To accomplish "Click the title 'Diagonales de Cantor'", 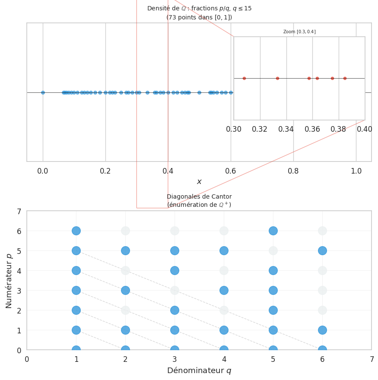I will pyautogui.click(x=199, y=196).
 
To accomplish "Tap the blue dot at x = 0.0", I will pyautogui.click(x=43, y=92).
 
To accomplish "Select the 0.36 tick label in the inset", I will pyautogui.click(x=312, y=129).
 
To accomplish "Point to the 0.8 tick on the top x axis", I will pyautogui.click(x=293, y=171).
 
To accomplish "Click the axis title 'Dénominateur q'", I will pyautogui.click(x=199, y=370).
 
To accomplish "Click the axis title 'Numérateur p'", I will pyautogui.click(x=9, y=281).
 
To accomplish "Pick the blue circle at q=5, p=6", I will pyautogui.click(x=273, y=231).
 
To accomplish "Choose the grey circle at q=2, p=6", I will pyautogui.click(x=125, y=231).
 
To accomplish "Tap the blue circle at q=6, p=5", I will pyautogui.click(x=322, y=250).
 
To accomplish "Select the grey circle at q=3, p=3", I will pyautogui.click(x=175, y=290).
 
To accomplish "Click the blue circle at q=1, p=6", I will pyautogui.click(x=76, y=231).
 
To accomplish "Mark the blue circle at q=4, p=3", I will pyautogui.click(x=224, y=290).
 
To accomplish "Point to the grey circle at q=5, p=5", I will pyautogui.click(x=273, y=250).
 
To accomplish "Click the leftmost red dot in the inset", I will pyautogui.click(x=244, y=78).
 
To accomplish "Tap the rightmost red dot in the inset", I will pyautogui.click(x=345, y=78).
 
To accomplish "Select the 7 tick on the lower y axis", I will pyautogui.click(x=19, y=211).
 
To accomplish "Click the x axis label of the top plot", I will pyautogui.click(x=199, y=182).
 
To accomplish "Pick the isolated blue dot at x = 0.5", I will pyautogui.click(x=199, y=92).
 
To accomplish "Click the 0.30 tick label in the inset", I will pyautogui.click(x=234, y=129).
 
